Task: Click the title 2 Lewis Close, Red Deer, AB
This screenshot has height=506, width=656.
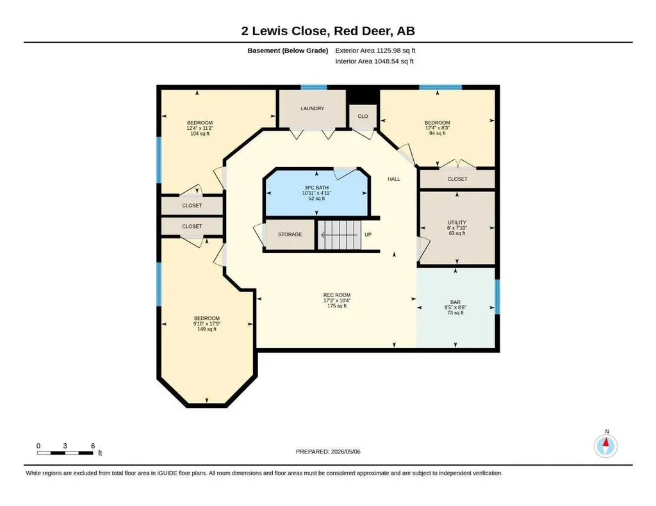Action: tap(328, 31)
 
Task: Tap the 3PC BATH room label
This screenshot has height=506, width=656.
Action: tap(316, 188)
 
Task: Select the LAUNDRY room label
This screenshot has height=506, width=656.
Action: tap(312, 108)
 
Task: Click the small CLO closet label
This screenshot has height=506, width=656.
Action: tap(363, 117)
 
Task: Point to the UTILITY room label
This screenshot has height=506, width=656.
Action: tap(457, 222)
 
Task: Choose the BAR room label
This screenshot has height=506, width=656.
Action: tap(455, 302)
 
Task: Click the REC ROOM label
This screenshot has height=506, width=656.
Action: tap(337, 295)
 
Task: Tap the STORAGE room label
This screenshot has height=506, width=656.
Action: tap(290, 234)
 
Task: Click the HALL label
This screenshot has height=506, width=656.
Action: tap(394, 179)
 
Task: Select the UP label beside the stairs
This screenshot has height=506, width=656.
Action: tap(368, 234)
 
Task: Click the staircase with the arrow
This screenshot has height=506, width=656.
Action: tap(340, 235)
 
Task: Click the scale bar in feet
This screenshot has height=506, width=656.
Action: tap(65, 453)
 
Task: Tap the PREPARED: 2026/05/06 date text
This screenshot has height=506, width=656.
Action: tap(328, 452)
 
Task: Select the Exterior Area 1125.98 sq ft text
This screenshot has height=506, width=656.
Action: tap(375, 51)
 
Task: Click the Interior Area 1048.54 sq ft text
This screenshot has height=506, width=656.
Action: tap(374, 61)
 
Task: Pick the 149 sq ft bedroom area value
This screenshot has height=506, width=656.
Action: tap(207, 329)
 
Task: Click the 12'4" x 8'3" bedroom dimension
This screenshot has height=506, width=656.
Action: tap(437, 128)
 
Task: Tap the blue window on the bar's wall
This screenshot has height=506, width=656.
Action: tap(497, 297)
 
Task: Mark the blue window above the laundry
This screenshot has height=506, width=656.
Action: tap(314, 87)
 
